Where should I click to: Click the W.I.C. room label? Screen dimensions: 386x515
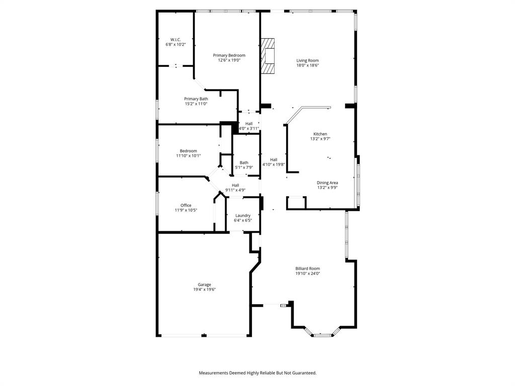176,40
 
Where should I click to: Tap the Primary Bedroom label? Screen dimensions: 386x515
229,55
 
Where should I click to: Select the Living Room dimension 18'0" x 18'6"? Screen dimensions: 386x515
307,65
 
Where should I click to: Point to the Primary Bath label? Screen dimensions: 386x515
196,99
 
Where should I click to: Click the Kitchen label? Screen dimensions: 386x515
320,134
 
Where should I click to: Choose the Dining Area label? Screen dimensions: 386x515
327,183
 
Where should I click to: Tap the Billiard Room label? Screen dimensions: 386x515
307,268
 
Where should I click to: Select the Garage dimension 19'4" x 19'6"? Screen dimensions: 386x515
204,289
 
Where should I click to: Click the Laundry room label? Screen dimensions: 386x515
243,216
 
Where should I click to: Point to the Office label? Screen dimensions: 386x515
186,205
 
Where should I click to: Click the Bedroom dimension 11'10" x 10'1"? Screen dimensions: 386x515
189,156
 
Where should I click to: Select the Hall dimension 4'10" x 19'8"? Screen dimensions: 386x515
274,164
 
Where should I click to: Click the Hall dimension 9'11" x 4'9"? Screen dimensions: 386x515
235,190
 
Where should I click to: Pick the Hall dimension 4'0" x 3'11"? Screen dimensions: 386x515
249,129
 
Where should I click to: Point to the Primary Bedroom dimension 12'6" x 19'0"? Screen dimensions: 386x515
229,60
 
